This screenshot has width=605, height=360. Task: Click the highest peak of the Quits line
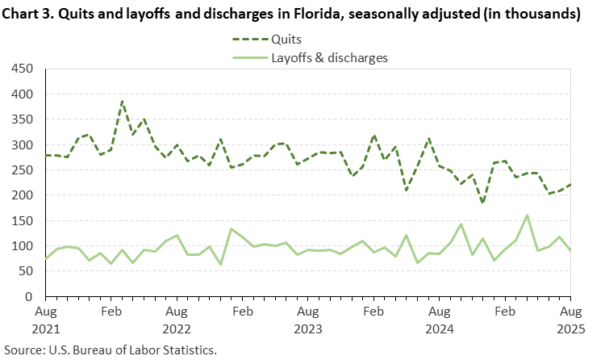pos(122,102)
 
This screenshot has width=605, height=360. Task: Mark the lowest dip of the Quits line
pos(482,203)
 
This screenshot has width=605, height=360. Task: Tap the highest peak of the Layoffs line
pos(527,216)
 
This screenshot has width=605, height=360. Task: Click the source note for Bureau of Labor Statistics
pos(111,350)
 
